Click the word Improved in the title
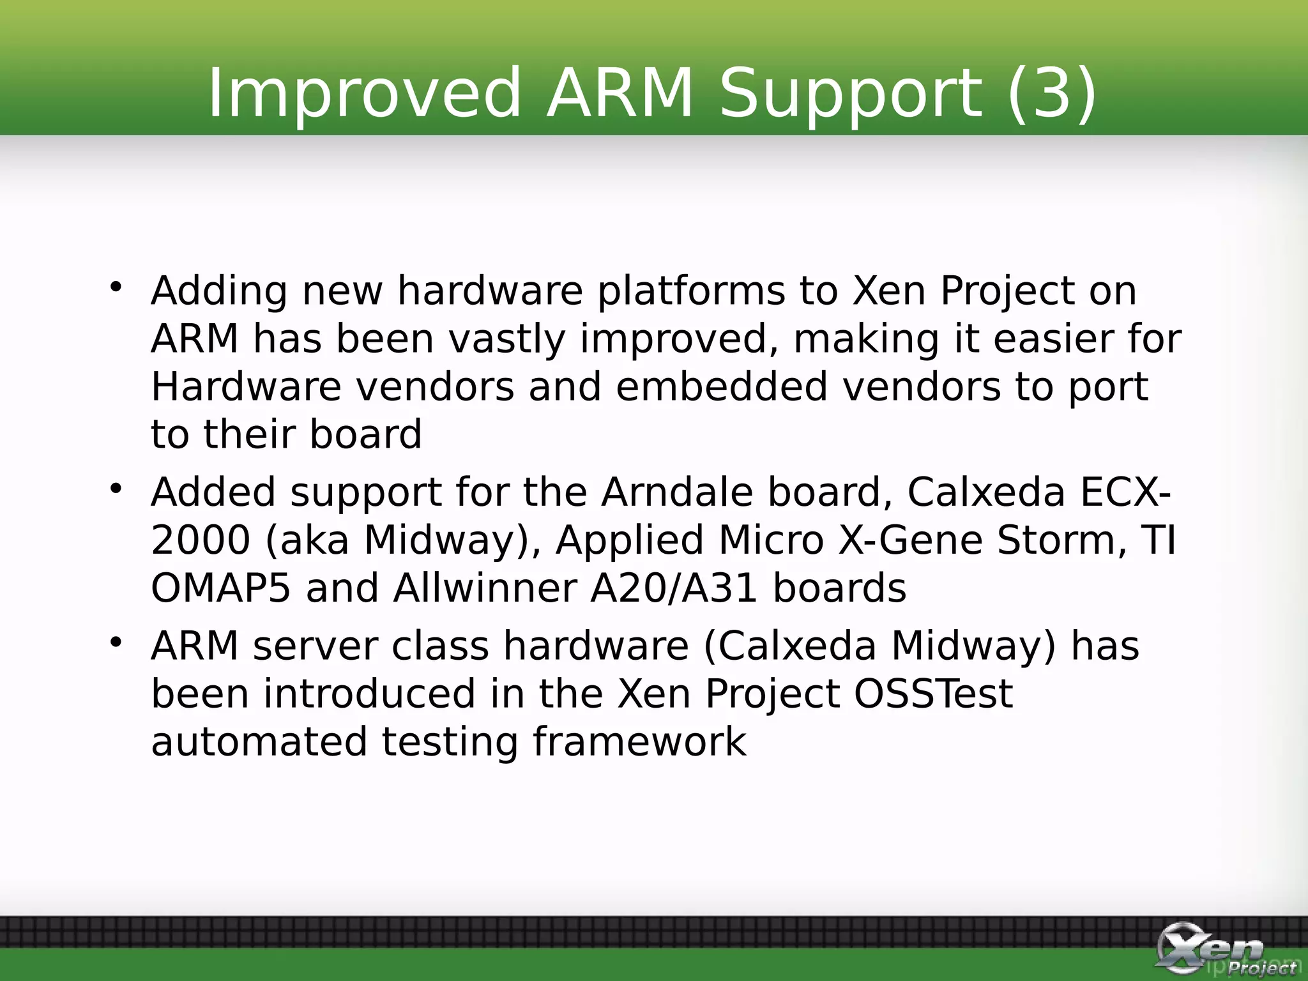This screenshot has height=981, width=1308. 364,94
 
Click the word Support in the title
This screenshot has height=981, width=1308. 850,94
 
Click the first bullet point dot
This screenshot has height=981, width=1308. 116,287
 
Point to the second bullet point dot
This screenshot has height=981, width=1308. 116,489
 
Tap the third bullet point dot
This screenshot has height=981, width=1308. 116,642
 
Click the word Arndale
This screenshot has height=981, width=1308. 677,492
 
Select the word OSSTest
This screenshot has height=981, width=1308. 933,694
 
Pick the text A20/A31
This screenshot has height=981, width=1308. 674,588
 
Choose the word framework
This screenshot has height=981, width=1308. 639,742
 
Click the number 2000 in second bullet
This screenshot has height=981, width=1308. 201,540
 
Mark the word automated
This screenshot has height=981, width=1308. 259,742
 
